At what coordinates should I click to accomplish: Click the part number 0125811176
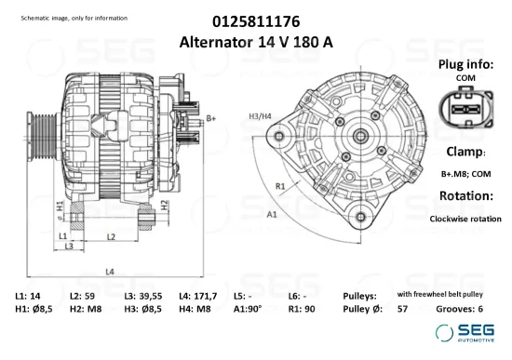pyautogui.click(x=256, y=20)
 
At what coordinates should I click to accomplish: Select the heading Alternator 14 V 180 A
pyautogui.click(x=256, y=42)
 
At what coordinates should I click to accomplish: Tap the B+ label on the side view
pyautogui.click(x=211, y=117)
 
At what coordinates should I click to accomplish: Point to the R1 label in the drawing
pyautogui.click(x=279, y=185)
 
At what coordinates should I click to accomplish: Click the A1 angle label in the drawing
pyautogui.click(x=273, y=214)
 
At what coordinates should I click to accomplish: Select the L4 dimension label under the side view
pyautogui.click(x=110, y=272)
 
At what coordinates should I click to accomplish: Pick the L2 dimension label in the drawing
pyautogui.click(x=110, y=237)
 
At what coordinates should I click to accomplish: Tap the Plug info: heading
pyautogui.click(x=465, y=64)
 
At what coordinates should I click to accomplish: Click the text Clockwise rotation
pyautogui.click(x=465, y=219)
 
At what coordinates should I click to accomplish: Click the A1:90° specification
pyautogui.click(x=248, y=309)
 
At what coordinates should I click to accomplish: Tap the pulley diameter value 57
pyautogui.click(x=402, y=309)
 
